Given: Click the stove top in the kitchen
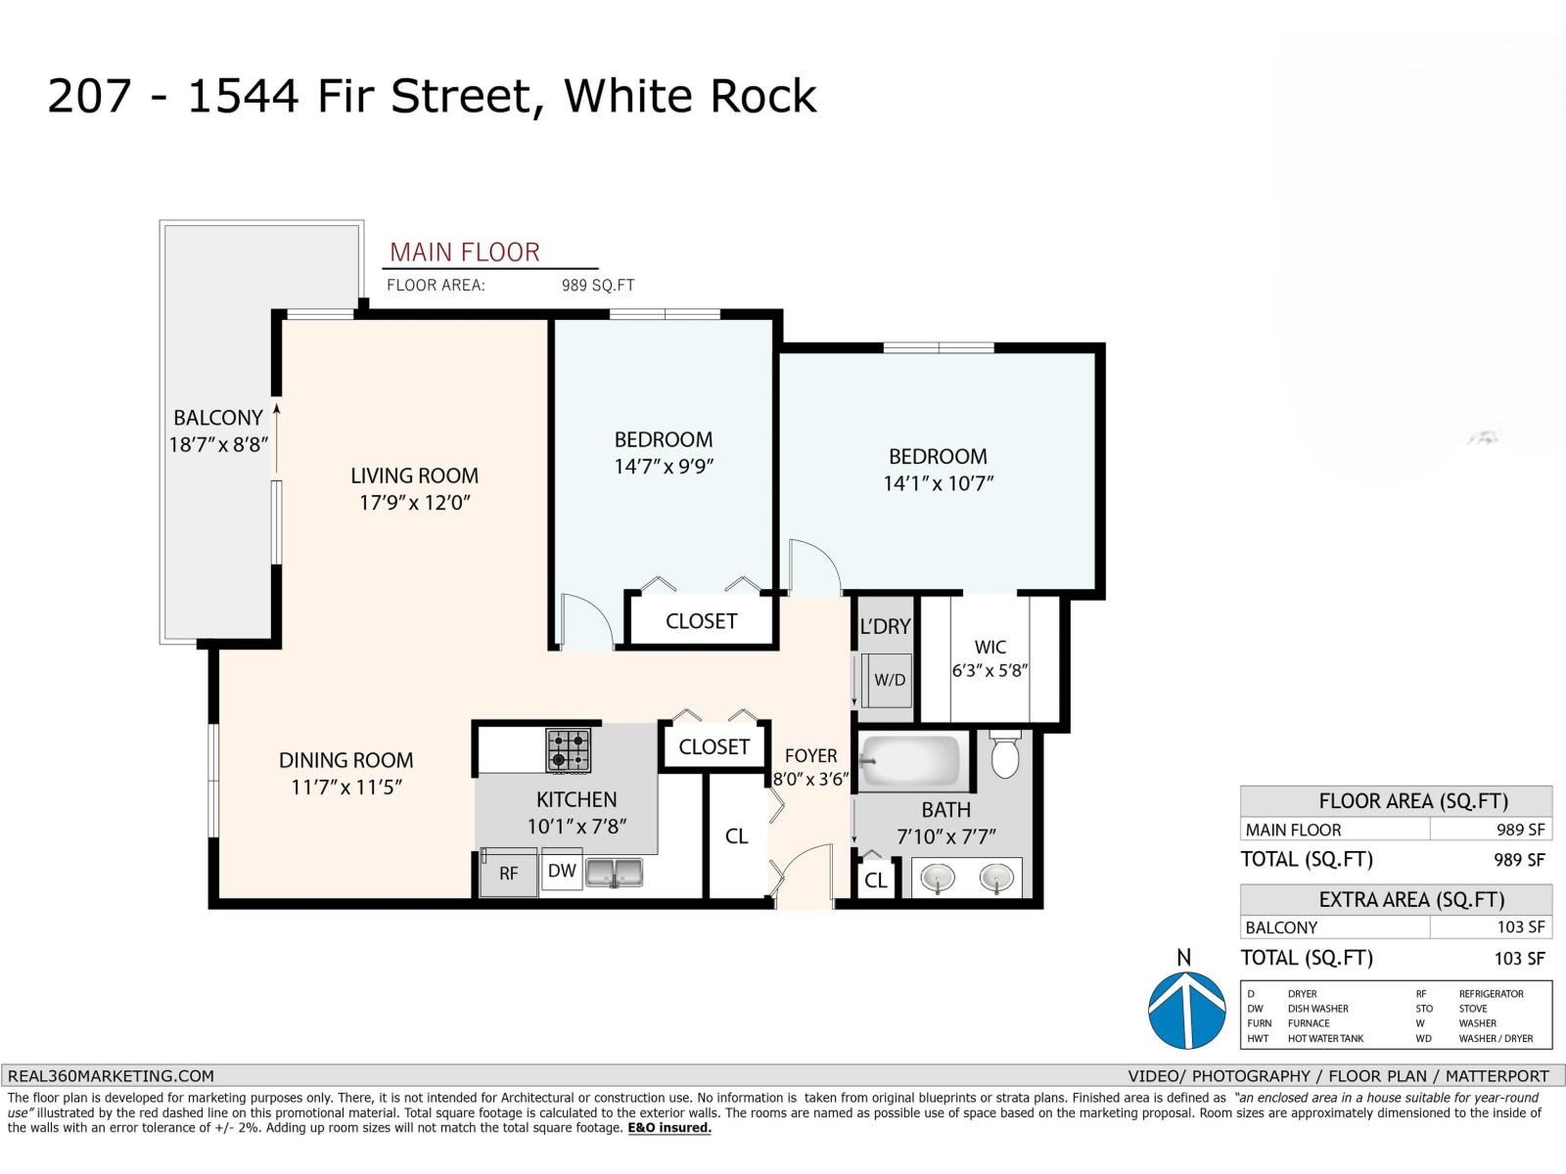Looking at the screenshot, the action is tap(568, 750).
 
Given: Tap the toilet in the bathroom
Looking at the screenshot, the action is tap(1004, 754).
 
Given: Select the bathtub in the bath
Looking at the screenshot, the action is tap(912, 761).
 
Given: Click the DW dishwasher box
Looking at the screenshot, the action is tap(562, 870).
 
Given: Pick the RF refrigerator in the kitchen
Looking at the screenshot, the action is tap(508, 873).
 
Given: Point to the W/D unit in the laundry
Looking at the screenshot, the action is tap(889, 680).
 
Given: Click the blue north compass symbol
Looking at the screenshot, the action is tap(1186, 1010).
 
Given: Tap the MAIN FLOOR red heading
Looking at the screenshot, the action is tap(465, 252).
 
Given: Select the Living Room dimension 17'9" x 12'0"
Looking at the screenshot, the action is tap(415, 503).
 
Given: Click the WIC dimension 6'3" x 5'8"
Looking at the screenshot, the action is tap(990, 670).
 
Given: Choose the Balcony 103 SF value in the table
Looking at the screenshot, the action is tap(1520, 926).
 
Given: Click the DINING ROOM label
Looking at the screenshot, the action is tap(346, 760).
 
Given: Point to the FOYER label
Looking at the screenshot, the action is tap(810, 755).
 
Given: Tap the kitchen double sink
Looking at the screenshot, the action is tap(615, 873).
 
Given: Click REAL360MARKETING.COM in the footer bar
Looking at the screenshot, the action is tap(111, 1075).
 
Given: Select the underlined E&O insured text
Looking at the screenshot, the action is tap(669, 1128).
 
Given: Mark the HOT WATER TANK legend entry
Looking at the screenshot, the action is tap(1325, 1039).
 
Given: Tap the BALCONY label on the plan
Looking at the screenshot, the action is tap(218, 417).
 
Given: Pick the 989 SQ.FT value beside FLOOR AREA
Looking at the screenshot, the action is tap(598, 285).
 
